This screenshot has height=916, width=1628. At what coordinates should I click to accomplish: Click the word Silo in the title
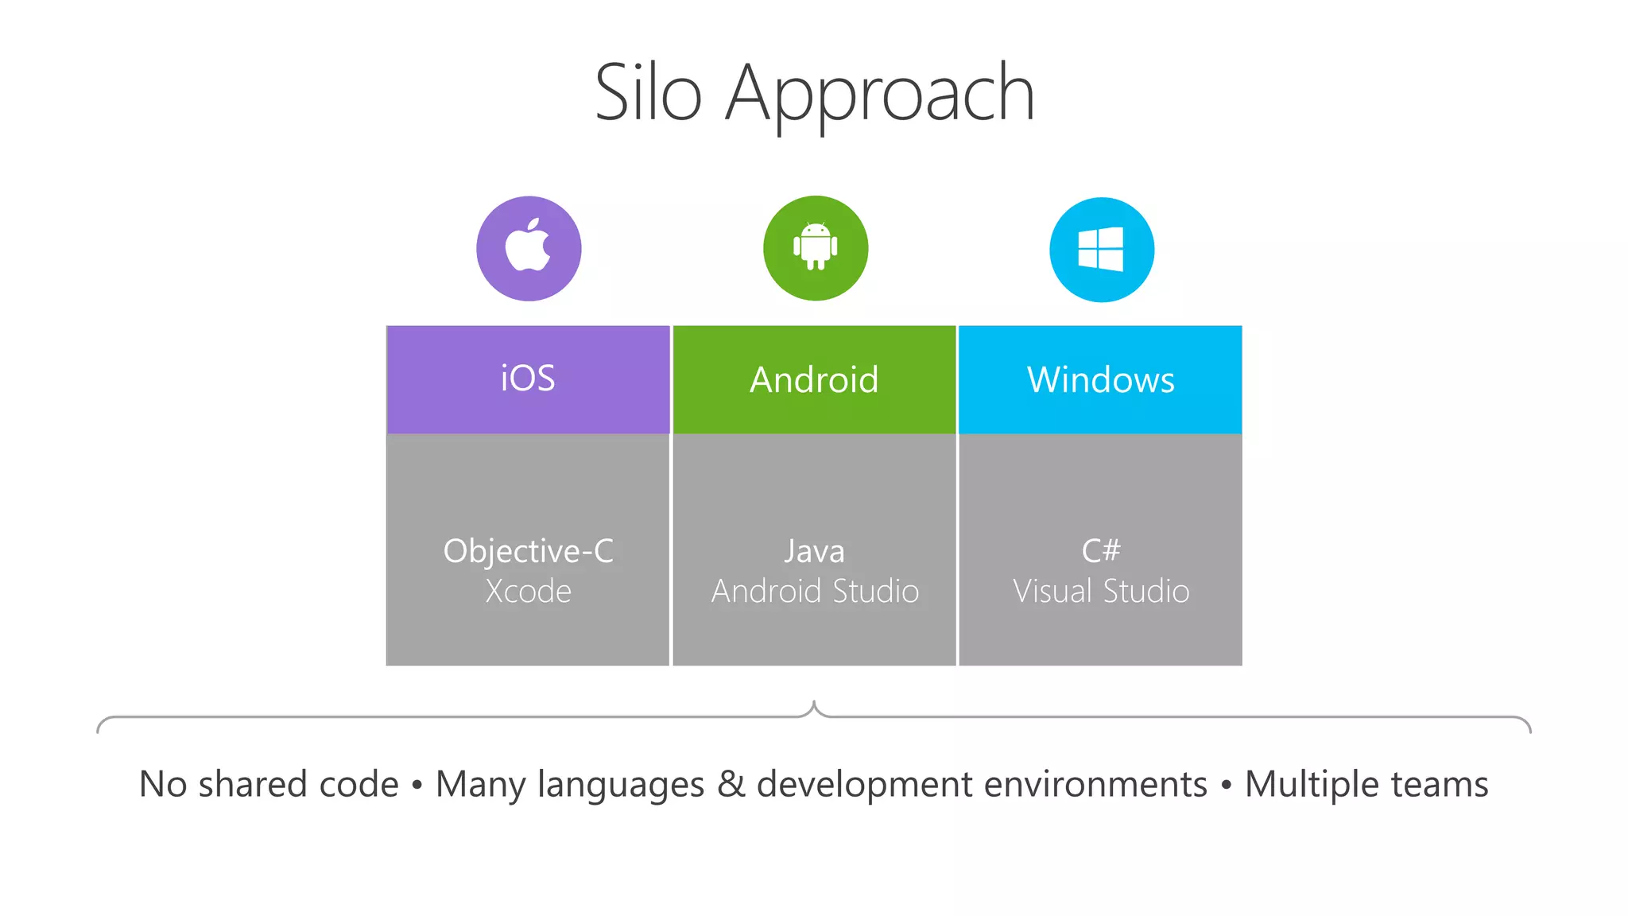click(648, 94)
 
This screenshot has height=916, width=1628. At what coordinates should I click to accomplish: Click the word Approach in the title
click(880, 95)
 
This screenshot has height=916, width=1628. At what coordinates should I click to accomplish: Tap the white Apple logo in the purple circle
click(529, 246)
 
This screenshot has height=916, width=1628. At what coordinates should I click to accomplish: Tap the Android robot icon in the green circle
click(816, 246)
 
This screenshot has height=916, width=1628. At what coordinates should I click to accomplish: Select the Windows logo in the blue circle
click(1101, 249)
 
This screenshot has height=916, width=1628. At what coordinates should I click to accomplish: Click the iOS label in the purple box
click(528, 378)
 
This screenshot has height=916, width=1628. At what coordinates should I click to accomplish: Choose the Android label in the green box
click(814, 380)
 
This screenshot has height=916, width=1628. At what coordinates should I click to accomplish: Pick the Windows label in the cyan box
click(1100, 380)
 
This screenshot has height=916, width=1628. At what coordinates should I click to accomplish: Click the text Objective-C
click(528, 551)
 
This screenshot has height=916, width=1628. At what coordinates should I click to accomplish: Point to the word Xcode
click(528, 592)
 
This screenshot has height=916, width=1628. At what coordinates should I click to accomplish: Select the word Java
click(814, 551)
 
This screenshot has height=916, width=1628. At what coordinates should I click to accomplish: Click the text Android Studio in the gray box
click(815, 592)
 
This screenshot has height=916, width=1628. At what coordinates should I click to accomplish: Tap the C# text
click(1101, 550)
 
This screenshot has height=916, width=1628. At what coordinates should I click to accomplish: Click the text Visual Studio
click(1101, 592)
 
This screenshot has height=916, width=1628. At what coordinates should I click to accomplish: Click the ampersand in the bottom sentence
click(731, 784)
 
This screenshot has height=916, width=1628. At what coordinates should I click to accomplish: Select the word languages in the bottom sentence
click(621, 786)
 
